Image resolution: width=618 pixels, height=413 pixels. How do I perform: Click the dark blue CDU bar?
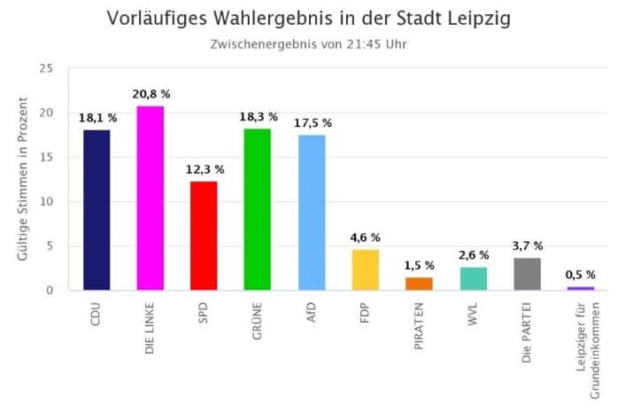click(97, 210)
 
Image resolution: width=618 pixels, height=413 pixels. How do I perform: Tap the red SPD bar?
click(204, 236)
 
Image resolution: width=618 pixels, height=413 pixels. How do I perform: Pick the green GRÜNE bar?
click(258, 209)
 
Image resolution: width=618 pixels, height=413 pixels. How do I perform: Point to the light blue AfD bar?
click(312, 213)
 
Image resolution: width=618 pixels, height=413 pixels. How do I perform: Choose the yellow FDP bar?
click(366, 269)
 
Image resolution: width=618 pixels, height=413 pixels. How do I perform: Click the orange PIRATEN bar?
click(419, 284)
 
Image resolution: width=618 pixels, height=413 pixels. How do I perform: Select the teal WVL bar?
click(474, 278)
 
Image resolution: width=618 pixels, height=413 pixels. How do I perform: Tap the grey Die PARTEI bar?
click(528, 274)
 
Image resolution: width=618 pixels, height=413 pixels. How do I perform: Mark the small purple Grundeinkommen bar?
click(581, 288)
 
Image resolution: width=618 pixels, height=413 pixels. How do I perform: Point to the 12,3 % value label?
click(205, 168)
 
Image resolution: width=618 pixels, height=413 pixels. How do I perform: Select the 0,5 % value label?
click(581, 275)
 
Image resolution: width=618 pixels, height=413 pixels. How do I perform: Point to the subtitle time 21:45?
click(363, 43)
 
